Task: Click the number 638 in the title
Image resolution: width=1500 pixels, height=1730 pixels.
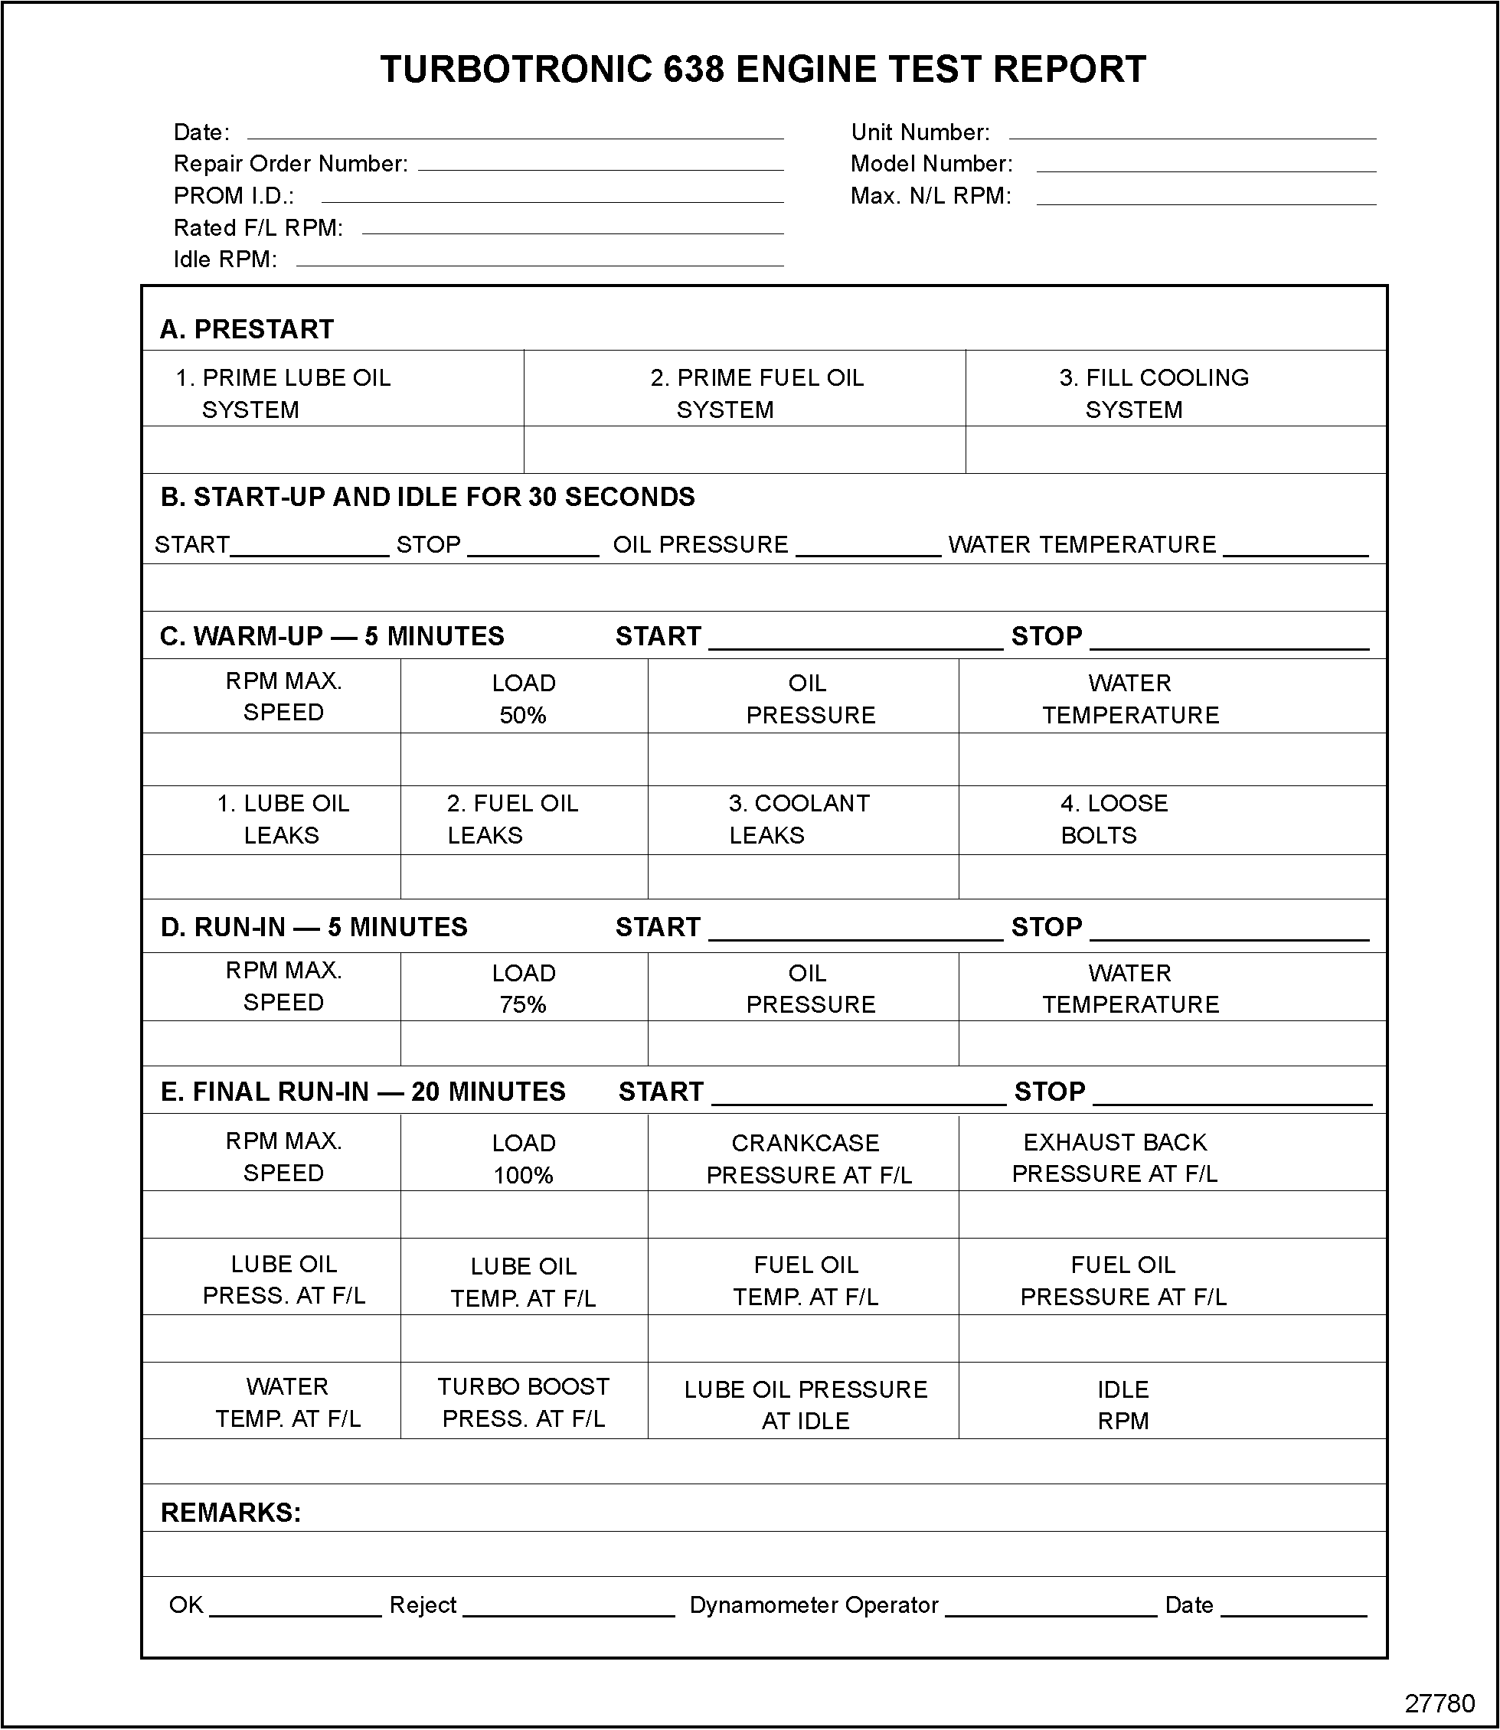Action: point(694,70)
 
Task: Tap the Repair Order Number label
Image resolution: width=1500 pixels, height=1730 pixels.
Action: point(290,164)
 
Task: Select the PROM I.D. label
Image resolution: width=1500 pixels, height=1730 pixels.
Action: point(234,196)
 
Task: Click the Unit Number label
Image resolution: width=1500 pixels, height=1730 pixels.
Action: point(920,132)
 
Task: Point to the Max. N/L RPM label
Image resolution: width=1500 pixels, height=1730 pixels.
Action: point(931,196)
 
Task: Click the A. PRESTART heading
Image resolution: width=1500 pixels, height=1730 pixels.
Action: point(247,330)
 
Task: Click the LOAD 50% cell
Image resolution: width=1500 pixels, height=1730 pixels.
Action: point(523,699)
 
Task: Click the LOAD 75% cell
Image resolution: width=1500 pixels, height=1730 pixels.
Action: point(523,988)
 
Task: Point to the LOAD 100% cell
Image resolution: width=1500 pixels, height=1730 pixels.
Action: point(523,1159)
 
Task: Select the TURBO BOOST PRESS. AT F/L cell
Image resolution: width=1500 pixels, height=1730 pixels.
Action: point(523,1402)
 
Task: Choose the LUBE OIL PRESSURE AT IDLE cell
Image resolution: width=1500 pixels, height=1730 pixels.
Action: point(806,1405)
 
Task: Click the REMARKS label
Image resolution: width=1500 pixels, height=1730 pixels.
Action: point(230,1513)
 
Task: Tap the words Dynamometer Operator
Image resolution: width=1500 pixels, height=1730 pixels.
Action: point(814,1605)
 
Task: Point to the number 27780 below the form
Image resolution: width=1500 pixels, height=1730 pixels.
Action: point(1439,1703)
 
